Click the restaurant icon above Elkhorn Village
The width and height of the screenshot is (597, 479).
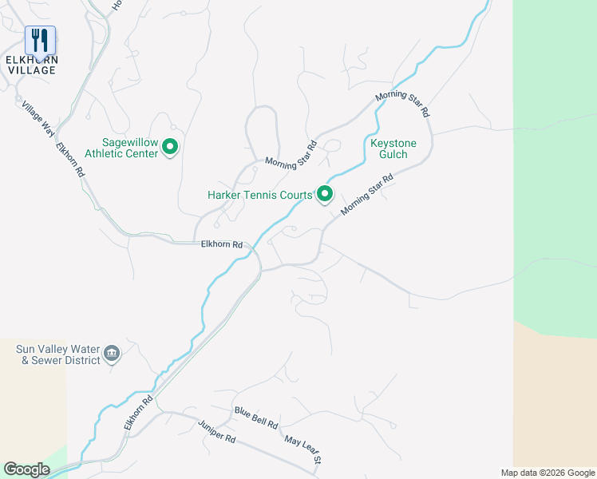(40, 39)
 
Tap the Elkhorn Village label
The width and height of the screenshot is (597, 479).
(32, 65)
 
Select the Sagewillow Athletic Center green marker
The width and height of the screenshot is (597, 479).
(169, 148)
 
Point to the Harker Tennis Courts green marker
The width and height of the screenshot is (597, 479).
(325, 195)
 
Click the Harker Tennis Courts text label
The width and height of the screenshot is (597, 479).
(259, 195)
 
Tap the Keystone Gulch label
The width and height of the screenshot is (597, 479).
(389, 148)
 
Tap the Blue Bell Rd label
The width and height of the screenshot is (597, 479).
(255, 417)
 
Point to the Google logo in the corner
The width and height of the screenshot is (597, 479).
(26, 469)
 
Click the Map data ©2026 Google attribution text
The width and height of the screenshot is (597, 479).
(547, 473)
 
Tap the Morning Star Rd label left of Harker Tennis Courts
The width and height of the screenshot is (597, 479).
(291, 154)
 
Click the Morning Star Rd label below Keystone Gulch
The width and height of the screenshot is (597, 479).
(367, 196)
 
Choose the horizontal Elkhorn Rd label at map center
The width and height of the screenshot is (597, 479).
(221, 245)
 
